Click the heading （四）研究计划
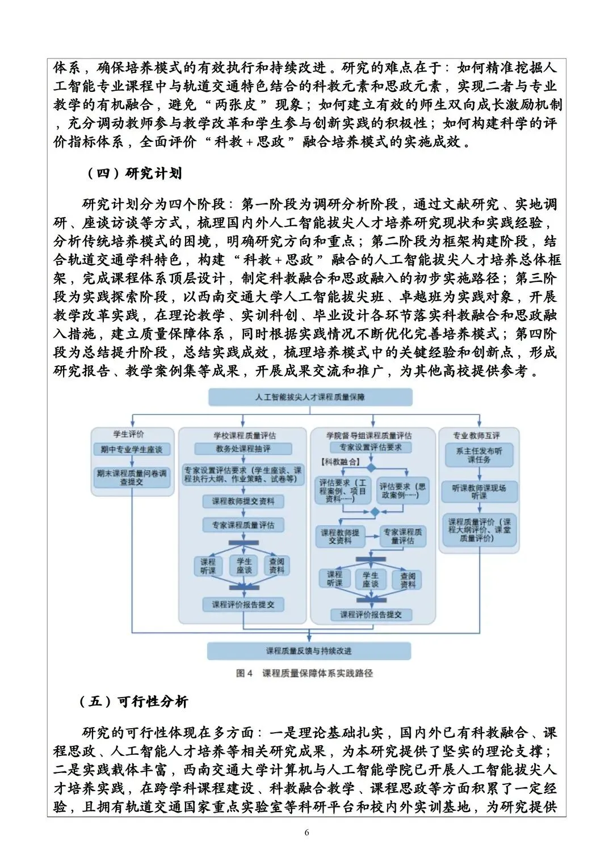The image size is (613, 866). pos(134,174)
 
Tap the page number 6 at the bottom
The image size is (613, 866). pos(307,833)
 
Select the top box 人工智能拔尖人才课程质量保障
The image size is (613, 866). pos(310,397)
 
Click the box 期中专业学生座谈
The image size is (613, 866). pos(132,449)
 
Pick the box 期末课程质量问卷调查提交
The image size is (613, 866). pos(132,478)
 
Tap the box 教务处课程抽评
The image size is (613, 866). pos(243,449)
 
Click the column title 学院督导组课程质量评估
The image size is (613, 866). pos(369,435)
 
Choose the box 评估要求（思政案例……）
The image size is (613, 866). pos(402,491)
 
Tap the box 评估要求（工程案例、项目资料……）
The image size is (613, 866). pos(342,491)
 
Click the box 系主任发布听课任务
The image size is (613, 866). pos(479,455)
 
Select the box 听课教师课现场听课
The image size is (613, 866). pos(479,491)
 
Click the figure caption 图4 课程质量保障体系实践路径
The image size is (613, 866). pos(305,673)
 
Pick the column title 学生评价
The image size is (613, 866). pos(128,434)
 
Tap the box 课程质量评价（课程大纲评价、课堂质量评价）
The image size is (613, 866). pos(479,530)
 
